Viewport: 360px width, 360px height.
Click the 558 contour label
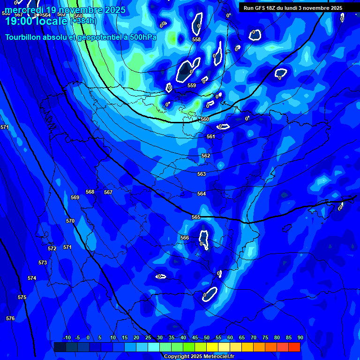pos(196,40)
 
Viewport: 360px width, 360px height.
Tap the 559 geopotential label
pos(192,86)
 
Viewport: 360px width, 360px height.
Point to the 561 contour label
pos(211,136)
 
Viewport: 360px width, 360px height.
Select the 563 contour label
pos(202,174)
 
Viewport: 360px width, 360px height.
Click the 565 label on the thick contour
pos(196,217)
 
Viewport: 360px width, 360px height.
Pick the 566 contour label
pos(185,238)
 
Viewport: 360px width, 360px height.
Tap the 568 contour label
pos(90,192)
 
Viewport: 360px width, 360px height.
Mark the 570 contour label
pos(70,221)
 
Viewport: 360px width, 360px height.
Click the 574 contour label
pos(32,278)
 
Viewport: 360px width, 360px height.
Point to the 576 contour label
pos(10,318)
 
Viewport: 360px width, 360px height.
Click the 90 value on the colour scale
pos(300,337)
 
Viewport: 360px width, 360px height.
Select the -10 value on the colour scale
pos(67,337)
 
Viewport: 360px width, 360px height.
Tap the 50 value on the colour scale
pos(207,337)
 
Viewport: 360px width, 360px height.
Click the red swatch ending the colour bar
pos(294,347)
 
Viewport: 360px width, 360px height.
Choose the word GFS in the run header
pos(259,8)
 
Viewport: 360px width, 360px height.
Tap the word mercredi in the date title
pos(23,10)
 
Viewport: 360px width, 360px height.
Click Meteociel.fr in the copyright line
pos(218,357)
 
